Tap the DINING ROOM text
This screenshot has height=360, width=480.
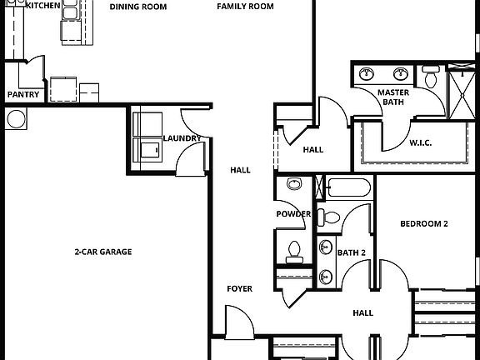pos(138,7)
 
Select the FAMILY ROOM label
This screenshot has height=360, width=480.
pos(245,7)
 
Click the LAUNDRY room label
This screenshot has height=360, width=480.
pos(180,138)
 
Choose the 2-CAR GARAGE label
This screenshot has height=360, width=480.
pos(104,252)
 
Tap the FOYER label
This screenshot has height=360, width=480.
pos(240,289)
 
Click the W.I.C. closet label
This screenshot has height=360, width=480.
pos(421,142)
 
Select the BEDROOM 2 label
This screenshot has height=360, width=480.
pos(424,224)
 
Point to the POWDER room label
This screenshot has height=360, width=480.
pos(293,214)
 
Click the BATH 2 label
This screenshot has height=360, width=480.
pos(352,252)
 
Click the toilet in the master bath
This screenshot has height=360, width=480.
pos(430,80)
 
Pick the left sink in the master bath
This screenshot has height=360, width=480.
pos(366,75)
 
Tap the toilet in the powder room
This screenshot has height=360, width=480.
pos(293,247)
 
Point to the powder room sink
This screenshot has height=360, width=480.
pos(293,184)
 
